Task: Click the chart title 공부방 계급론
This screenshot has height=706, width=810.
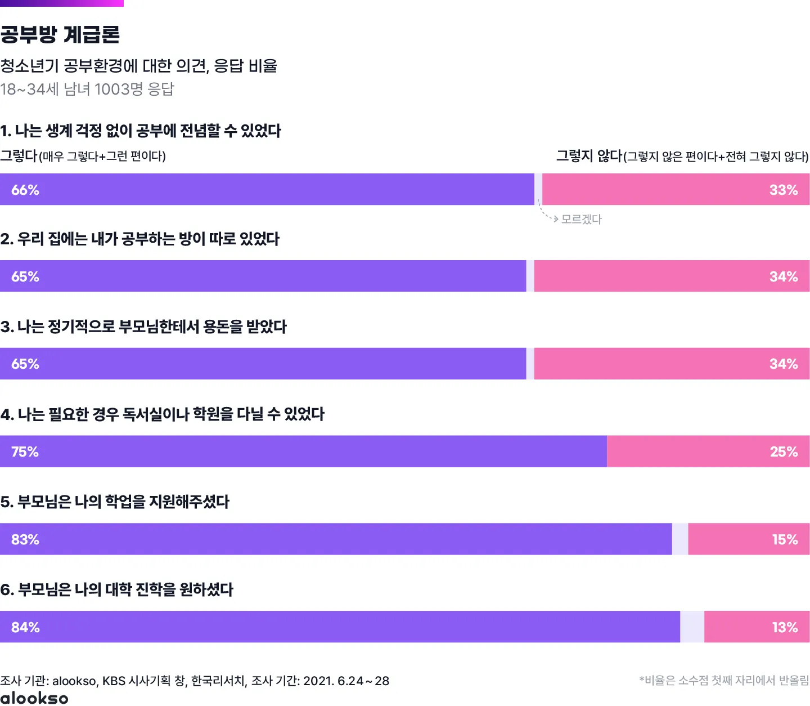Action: [x=60, y=35]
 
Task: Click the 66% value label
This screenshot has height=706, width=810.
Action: [x=25, y=190]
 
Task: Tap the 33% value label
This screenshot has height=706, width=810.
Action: [x=784, y=190]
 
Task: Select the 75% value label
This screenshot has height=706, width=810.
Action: [x=25, y=452]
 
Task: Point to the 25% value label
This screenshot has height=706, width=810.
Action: [x=784, y=452]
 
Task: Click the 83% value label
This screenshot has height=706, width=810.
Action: [x=25, y=539]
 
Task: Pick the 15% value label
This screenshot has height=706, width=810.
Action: [x=785, y=539]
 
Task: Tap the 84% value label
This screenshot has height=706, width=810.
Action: [x=25, y=627]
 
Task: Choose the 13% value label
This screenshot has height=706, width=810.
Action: [x=785, y=627]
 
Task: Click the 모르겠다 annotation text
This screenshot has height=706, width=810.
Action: [x=582, y=219]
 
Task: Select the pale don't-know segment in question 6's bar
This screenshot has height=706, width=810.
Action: [x=692, y=627]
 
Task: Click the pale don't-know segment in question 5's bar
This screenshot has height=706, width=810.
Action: [x=680, y=539]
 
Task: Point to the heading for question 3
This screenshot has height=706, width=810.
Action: [x=143, y=327]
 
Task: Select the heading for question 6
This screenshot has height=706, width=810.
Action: [x=117, y=589]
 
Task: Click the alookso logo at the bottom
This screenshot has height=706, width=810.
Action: [x=34, y=698]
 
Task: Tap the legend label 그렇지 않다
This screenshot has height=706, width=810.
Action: [x=589, y=156]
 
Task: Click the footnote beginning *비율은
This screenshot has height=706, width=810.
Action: [x=724, y=681]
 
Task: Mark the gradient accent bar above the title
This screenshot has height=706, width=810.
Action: [x=62, y=3]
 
